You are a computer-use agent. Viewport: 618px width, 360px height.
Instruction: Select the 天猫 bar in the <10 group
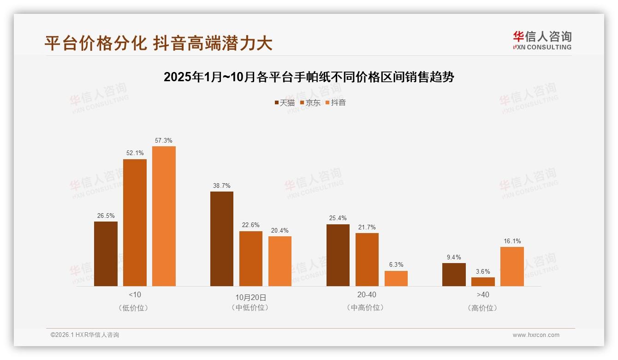(106, 254)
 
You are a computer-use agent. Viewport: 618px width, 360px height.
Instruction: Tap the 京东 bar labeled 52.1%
(135, 222)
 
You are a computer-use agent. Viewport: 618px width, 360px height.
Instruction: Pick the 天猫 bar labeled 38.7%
(222, 239)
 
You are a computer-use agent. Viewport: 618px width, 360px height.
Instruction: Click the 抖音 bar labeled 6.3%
(396, 278)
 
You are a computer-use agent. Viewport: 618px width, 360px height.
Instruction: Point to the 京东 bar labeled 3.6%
(483, 282)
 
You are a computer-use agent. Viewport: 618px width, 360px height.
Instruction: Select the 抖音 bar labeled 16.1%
(512, 266)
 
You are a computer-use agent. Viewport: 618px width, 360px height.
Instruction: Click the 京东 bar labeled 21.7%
(367, 259)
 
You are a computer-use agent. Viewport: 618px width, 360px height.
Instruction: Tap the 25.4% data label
(338, 218)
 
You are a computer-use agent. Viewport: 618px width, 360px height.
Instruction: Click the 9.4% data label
(454, 257)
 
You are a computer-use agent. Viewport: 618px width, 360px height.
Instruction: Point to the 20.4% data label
(280, 230)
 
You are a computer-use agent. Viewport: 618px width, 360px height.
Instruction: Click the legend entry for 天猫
(285, 102)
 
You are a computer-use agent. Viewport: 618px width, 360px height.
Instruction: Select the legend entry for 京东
(310, 102)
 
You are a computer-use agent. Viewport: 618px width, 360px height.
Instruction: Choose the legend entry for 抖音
(336, 102)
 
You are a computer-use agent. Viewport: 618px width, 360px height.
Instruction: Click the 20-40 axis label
(367, 294)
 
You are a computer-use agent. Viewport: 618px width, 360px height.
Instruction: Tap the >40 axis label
(483, 294)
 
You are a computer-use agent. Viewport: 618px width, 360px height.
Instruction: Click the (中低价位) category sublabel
(250, 307)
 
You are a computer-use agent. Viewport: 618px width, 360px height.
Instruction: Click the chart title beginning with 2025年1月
(309, 77)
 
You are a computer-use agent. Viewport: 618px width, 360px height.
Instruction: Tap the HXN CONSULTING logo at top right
(542, 40)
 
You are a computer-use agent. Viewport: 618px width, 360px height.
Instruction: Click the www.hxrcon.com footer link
(536, 335)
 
